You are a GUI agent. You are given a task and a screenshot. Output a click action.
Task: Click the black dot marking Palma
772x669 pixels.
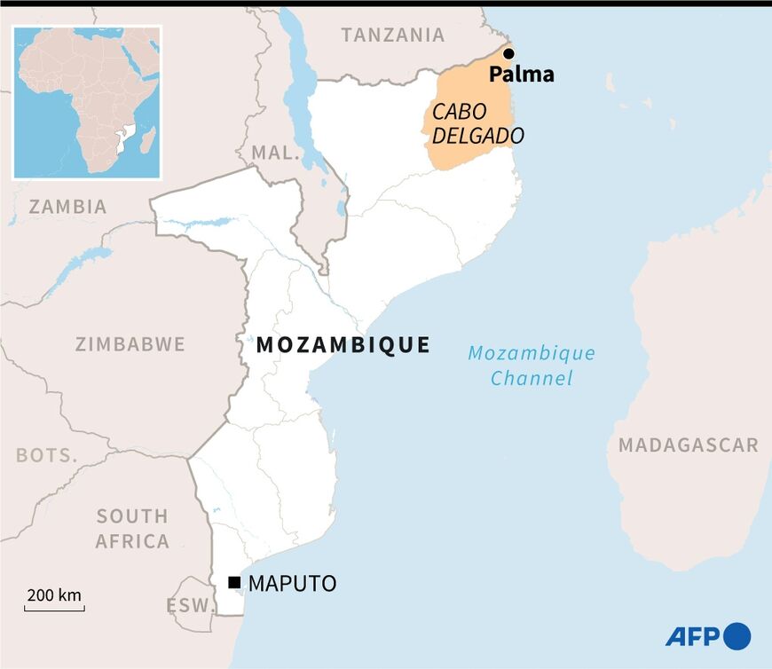coord(508,54)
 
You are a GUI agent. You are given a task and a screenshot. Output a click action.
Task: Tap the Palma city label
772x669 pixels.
coord(522,75)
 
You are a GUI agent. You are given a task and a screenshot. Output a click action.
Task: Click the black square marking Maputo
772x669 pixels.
coord(234,583)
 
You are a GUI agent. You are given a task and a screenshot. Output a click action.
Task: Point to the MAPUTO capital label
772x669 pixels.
coord(293,584)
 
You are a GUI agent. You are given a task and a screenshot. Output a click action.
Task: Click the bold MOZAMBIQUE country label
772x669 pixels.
coord(343,345)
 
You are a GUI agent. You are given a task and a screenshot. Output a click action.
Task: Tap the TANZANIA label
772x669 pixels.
coord(393,35)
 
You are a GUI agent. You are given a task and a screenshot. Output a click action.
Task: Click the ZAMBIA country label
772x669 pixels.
coord(67,207)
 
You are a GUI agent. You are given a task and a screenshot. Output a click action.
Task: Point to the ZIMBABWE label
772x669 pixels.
coord(130,344)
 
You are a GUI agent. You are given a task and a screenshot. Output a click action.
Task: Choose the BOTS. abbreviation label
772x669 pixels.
coord(47,455)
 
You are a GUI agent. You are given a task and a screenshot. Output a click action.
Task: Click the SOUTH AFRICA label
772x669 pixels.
coord(132,529)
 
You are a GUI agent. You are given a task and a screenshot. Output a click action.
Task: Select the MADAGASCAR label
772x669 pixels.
coord(689,445)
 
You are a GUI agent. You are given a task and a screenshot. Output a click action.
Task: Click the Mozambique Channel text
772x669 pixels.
coord(532,366)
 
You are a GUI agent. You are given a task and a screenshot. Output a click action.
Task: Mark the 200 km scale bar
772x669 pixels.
coord(54,609)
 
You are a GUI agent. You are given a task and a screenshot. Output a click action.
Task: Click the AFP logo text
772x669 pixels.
coord(692,636)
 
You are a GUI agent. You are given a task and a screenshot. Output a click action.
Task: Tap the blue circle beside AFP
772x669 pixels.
coord(737,636)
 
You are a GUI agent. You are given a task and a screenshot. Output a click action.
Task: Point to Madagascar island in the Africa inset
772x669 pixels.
coord(147,139)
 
